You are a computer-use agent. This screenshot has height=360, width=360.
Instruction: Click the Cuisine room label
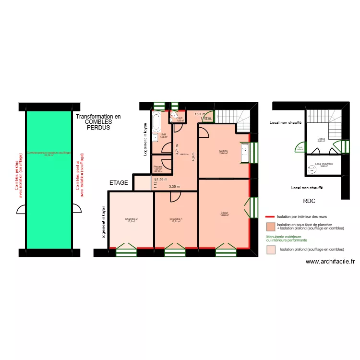(x=223, y=152)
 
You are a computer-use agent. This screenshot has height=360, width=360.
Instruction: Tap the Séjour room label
(x=224, y=214)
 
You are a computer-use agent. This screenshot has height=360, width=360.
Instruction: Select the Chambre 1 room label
(x=176, y=220)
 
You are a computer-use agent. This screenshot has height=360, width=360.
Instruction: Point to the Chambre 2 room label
(x=130, y=220)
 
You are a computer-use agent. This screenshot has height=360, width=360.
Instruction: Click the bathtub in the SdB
(x=156, y=123)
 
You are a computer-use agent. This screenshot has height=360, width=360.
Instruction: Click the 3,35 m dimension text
(x=174, y=187)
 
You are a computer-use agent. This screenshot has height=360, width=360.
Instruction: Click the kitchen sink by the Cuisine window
(x=245, y=149)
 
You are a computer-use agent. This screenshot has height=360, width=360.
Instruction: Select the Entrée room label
(x=321, y=140)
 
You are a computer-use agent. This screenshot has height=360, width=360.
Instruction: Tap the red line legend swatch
(x=269, y=216)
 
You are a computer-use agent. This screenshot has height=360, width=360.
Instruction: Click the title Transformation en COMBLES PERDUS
(x=98, y=122)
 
